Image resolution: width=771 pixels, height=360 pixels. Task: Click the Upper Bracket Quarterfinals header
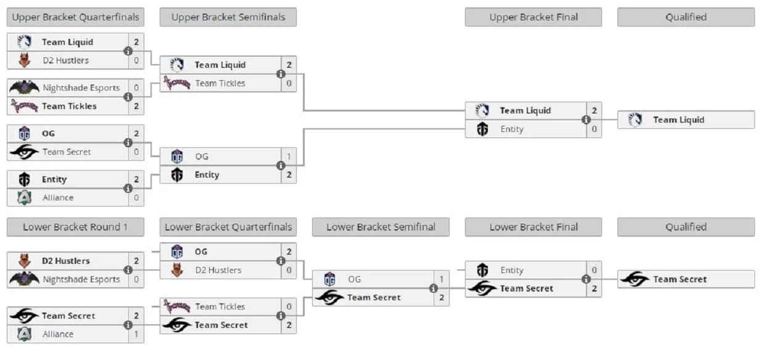pyautogui.click(x=75, y=17)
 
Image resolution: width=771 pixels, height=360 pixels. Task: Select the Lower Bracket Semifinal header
pyautogui.click(x=381, y=227)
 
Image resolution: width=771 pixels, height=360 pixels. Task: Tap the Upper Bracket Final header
pyautogui.click(x=533, y=17)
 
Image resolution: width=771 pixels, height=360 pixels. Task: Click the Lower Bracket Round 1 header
pyautogui.click(x=75, y=227)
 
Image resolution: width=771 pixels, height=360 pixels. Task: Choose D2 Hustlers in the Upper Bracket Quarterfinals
pyautogui.click(x=65, y=60)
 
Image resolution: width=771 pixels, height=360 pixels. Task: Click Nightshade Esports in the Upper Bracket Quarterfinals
pyautogui.click(x=81, y=88)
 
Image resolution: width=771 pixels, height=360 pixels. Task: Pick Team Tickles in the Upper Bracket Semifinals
pyautogui.click(x=220, y=83)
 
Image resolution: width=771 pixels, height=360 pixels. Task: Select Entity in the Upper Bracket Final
pyautogui.click(x=511, y=129)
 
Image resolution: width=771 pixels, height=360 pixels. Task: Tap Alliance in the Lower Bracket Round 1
pyautogui.click(x=58, y=334)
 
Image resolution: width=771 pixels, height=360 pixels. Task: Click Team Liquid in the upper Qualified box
pyautogui.click(x=678, y=120)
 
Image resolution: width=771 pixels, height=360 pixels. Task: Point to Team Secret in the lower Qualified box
pyautogui.click(x=680, y=279)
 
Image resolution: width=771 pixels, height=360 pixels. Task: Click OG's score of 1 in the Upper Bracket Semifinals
pyautogui.click(x=289, y=157)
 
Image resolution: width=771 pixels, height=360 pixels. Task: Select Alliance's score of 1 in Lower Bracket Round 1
pyautogui.click(x=136, y=334)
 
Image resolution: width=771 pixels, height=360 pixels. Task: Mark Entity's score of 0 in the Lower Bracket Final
pyautogui.click(x=594, y=270)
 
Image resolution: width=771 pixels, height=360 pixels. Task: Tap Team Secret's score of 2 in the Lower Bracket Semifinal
pyautogui.click(x=442, y=298)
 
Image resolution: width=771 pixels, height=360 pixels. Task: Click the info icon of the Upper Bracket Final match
pyautogui.click(x=586, y=120)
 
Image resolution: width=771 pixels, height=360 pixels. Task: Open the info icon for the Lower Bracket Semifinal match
pyautogui.click(x=434, y=288)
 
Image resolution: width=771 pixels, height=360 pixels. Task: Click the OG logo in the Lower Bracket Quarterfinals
pyautogui.click(x=177, y=252)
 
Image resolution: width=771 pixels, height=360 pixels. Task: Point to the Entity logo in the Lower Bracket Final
pyautogui.click(x=482, y=270)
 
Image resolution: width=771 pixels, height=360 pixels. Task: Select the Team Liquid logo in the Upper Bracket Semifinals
pyautogui.click(x=177, y=65)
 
